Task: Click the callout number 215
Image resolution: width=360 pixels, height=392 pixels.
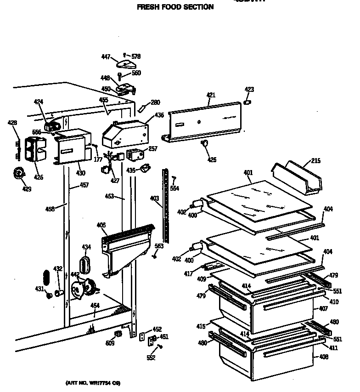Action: pos(315,161)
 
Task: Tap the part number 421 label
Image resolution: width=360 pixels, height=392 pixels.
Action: pos(210,95)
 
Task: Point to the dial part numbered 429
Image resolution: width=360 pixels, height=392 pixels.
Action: pos(19,173)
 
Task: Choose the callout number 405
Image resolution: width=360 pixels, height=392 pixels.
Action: pos(101,225)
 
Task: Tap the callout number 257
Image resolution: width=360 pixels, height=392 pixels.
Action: pos(152,149)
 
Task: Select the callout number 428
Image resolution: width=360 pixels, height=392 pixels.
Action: pos(12,123)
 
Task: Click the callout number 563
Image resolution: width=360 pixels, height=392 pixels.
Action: pos(158,246)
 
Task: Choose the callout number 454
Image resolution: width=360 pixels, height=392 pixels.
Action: pos(95,306)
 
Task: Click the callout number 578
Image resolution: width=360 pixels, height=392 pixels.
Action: pos(136,57)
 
